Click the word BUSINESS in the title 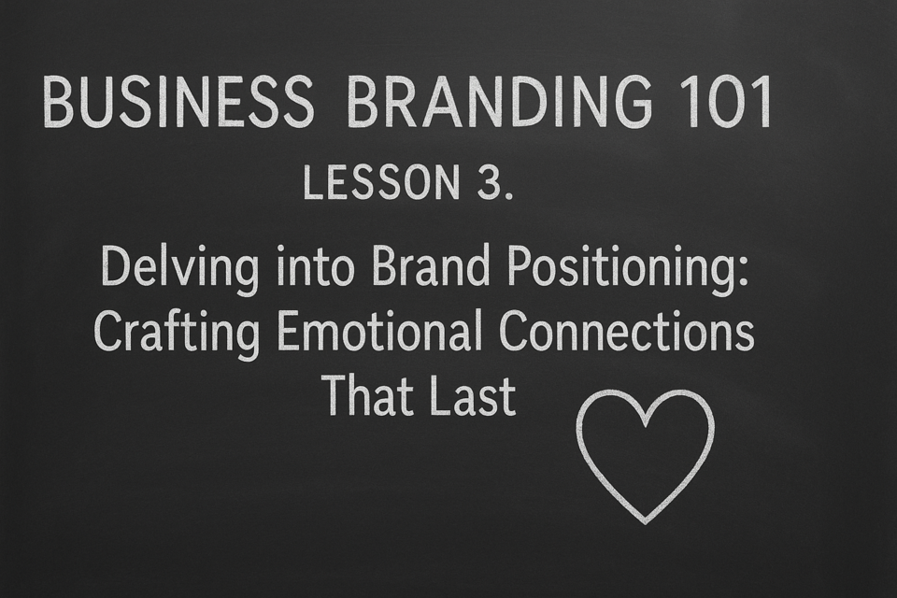178,103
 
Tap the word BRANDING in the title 499,103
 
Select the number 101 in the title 724,103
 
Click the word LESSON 381,182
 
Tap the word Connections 626,332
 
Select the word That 366,395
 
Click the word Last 474,395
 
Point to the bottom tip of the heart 646,523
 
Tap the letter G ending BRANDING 632,103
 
